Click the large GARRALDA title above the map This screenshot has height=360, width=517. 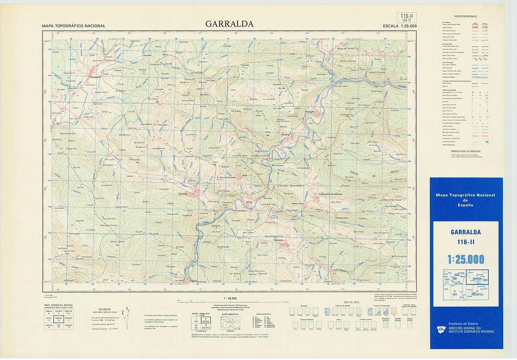click(229, 24)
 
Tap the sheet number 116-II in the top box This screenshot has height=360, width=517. click(407, 16)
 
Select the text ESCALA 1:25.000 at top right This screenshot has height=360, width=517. click(400, 26)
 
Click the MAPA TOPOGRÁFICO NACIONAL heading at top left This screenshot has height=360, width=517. click(74, 26)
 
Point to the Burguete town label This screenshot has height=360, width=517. click(95, 77)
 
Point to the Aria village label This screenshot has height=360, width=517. click(244, 175)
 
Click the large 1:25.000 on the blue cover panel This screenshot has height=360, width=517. click(466, 259)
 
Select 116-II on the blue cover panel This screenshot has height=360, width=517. click(466, 242)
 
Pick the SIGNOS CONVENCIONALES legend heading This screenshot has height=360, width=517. click(466, 17)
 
